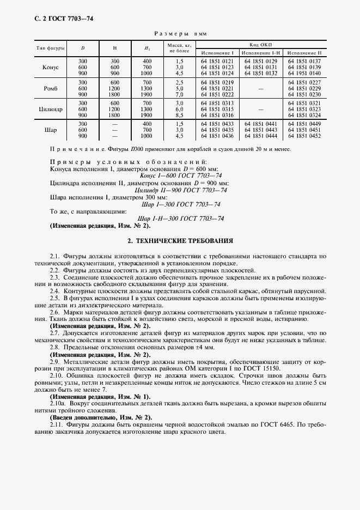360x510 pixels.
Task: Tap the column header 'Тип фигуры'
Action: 51,48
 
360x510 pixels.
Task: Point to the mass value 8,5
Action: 179,115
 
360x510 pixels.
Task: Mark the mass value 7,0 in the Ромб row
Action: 179,94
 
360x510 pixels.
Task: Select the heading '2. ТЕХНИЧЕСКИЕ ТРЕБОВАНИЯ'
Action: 180,240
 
